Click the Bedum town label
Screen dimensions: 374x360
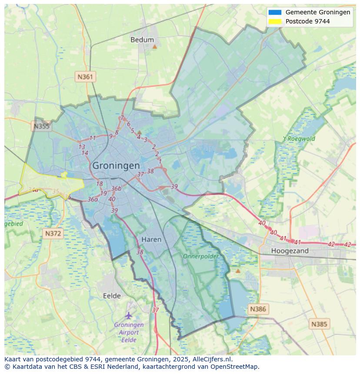point(142,40)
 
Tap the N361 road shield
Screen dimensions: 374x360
point(85,77)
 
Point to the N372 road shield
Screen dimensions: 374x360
point(53,234)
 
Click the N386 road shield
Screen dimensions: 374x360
point(258,309)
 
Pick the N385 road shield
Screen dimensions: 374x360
point(320,324)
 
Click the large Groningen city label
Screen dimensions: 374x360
point(116,165)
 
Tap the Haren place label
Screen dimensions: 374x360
point(151,239)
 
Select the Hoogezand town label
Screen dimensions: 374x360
point(290,251)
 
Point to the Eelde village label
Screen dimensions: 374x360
point(112,296)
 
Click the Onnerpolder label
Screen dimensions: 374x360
point(201,256)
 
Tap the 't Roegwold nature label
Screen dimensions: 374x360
point(299,139)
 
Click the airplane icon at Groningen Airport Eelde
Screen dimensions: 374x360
point(128,315)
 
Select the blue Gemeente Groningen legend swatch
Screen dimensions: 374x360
point(275,12)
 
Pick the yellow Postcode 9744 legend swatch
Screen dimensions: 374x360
point(275,21)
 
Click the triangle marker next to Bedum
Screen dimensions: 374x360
point(154,46)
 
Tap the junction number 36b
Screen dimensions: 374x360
point(116,189)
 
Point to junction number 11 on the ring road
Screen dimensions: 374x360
point(93,138)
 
